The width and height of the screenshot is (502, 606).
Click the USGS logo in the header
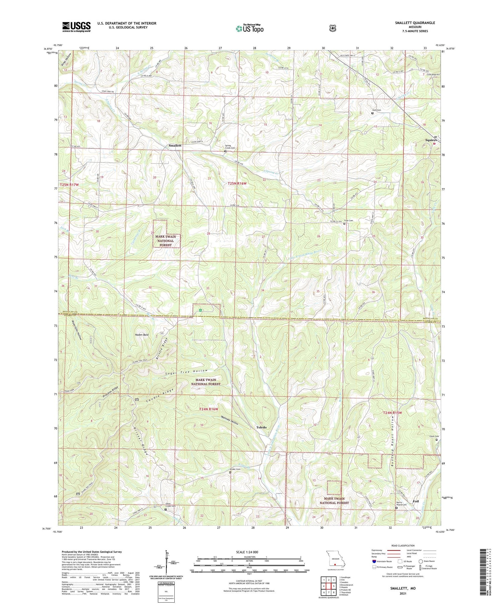[x=76, y=27]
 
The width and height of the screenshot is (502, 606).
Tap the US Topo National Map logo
[x=249, y=28]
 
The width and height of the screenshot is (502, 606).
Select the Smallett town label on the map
[x=175, y=146]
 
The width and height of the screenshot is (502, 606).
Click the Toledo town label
[x=261, y=428]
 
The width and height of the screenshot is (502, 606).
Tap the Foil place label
[x=416, y=501]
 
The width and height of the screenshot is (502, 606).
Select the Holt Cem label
[x=376, y=110]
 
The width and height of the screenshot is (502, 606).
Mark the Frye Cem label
[x=348, y=221]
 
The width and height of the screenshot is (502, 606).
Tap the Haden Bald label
[x=141, y=335]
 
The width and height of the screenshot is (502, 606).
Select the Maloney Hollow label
[x=230, y=420]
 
